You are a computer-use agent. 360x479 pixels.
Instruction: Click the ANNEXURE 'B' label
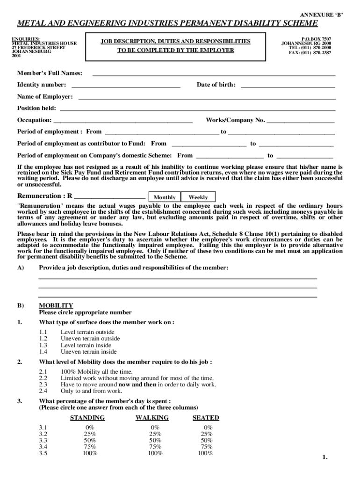coord(321,15)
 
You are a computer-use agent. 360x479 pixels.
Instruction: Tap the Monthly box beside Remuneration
coord(165,197)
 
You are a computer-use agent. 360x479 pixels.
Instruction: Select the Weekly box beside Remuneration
coord(198,197)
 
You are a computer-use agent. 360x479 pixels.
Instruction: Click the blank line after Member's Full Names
coord(214,73)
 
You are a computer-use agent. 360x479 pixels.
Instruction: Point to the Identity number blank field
coord(125,85)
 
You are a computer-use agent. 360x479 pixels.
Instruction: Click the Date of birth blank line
coord(287,85)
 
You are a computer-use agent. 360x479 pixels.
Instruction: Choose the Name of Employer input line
coord(207,97)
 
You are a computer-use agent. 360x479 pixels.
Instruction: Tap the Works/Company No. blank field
coord(300,121)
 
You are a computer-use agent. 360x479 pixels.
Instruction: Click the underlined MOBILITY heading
coord(56,305)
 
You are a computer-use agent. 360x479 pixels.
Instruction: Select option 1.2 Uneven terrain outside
coord(90,338)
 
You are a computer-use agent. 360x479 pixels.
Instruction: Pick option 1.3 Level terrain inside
coord(86,345)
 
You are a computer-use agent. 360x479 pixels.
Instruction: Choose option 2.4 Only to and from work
coord(91,391)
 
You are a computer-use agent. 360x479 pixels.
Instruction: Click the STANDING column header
coord(87,418)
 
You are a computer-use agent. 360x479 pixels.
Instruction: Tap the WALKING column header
coord(152,418)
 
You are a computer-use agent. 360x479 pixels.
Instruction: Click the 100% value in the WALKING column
coord(155,453)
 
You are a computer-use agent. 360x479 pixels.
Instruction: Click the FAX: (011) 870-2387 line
coord(310,53)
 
